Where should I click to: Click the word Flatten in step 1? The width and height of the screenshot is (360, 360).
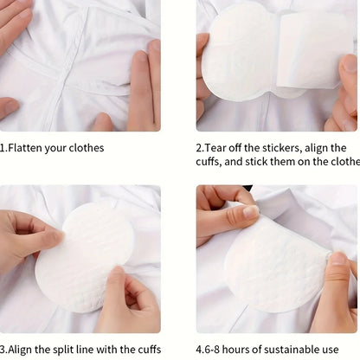26,148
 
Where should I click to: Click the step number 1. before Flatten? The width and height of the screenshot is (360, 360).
3,148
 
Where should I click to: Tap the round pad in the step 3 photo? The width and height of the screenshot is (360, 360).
82,255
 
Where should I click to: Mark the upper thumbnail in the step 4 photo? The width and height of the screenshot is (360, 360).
250,211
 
